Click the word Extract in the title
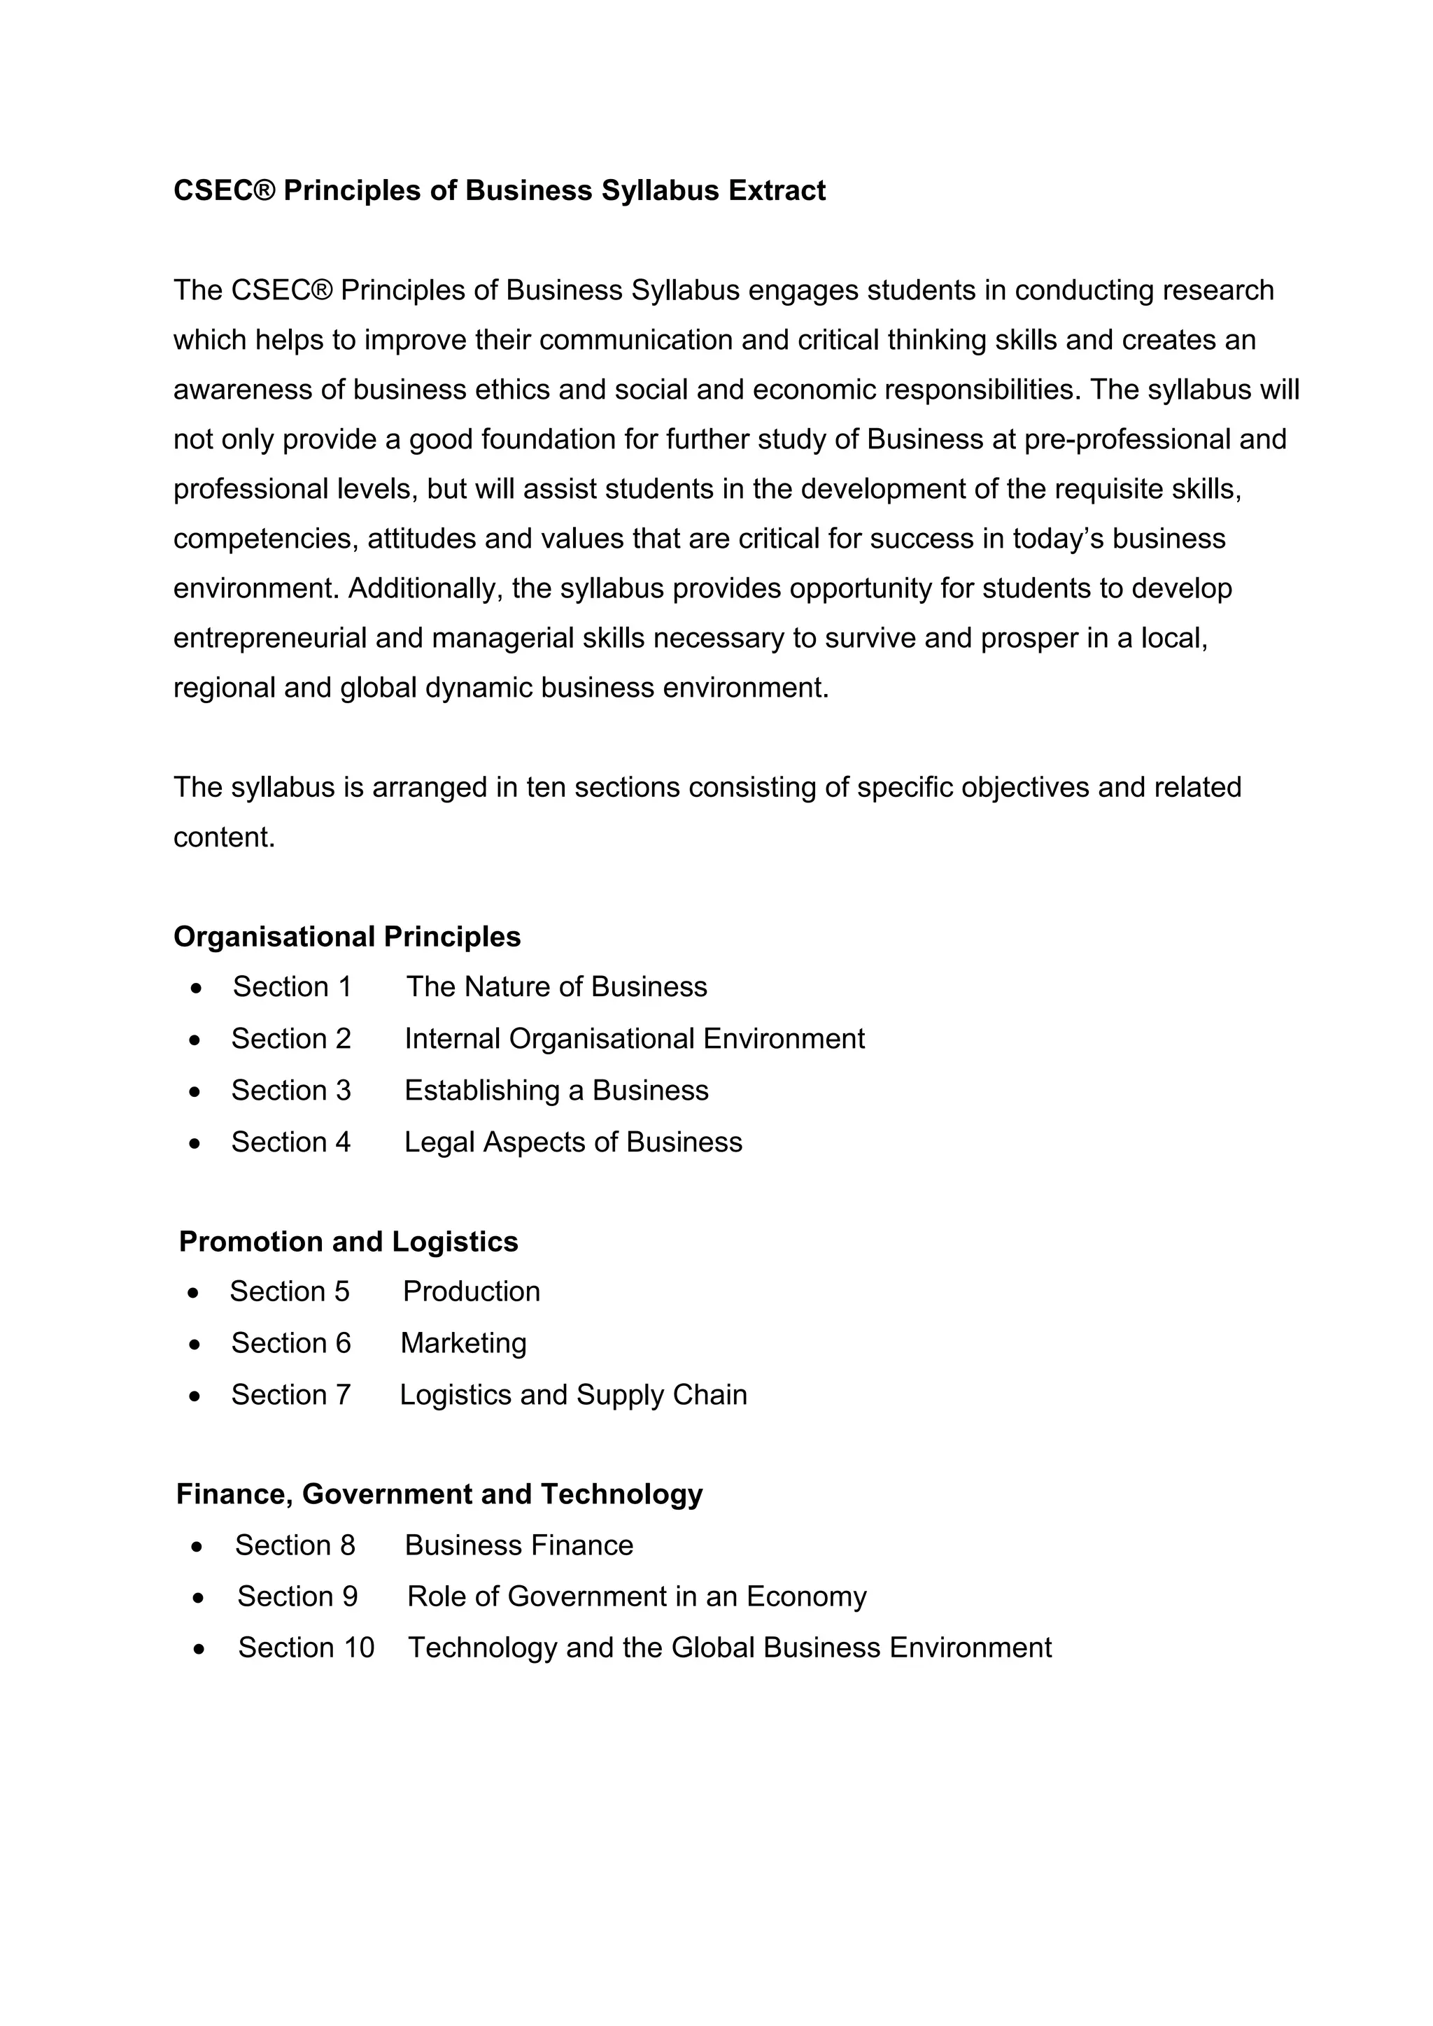pyautogui.click(x=777, y=190)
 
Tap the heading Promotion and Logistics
pyautogui.click(x=348, y=1242)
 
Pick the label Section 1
pyautogui.click(x=292, y=986)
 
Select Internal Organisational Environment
pyautogui.click(x=635, y=1039)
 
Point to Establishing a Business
pyautogui.click(x=556, y=1091)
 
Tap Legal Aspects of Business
pyautogui.click(x=572, y=1142)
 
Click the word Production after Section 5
pyautogui.click(x=471, y=1292)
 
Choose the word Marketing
pyautogui.click(x=463, y=1343)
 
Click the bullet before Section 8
pyautogui.click(x=197, y=1547)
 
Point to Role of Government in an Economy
pyautogui.click(x=636, y=1597)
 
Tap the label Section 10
pyautogui.click(x=306, y=1648)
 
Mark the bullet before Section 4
pyautogui.click(x=194, y=1145)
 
